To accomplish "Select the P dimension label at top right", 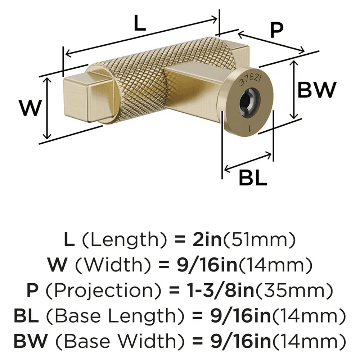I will pos(277,31).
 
